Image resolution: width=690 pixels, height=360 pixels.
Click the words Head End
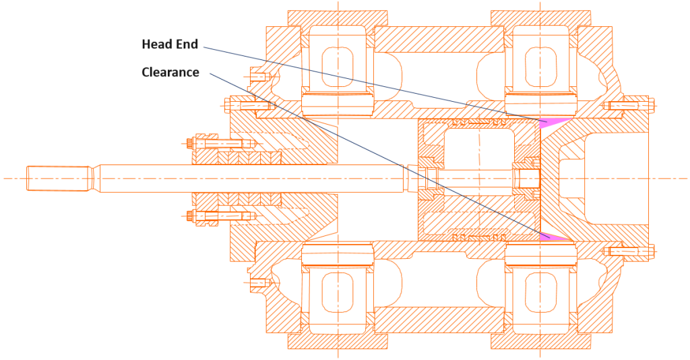[170, 44]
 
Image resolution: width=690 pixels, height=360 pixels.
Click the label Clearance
[170, 72]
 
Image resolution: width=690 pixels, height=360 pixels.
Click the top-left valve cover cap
[338, 18]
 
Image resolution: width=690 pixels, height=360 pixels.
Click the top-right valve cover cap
[540, 18]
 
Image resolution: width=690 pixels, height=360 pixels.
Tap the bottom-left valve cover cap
[338, 342]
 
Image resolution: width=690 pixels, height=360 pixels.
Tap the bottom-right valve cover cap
[540, 342]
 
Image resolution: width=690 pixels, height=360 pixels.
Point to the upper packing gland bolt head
[189, 143]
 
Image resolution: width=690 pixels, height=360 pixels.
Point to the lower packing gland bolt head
[189, 216]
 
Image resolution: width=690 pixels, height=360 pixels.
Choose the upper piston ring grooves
[480, 121]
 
